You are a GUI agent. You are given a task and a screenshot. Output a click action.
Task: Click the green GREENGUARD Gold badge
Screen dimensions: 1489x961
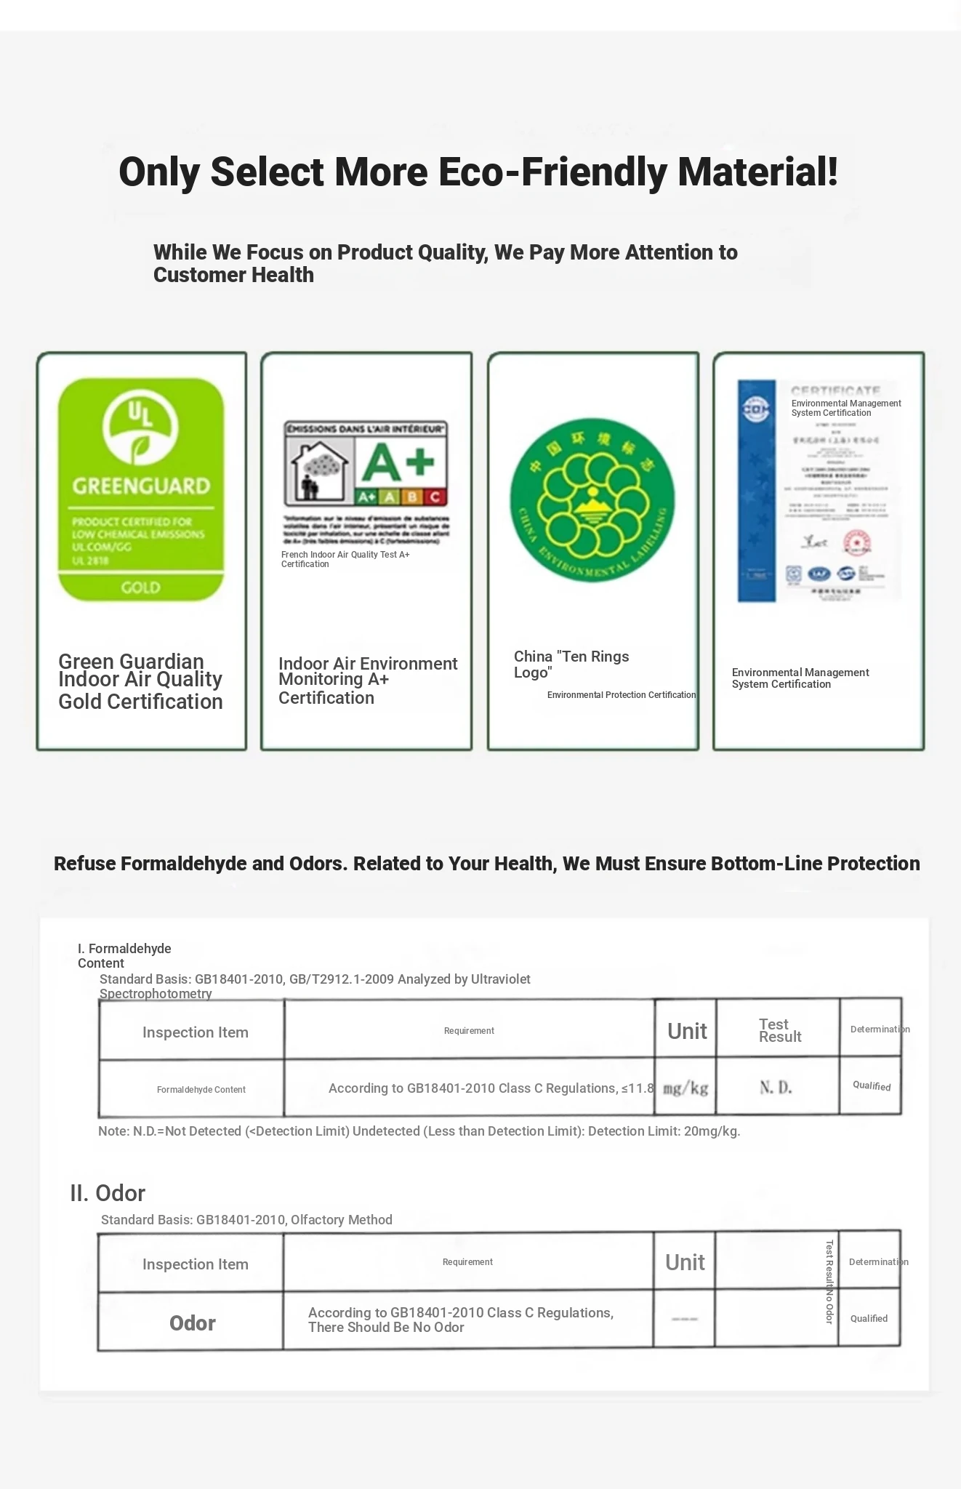click(141, 489)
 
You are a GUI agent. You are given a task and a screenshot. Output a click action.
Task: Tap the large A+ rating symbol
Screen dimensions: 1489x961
click(398, 462)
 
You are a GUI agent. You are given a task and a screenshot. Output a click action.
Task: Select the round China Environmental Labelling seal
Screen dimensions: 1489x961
click(592, 499)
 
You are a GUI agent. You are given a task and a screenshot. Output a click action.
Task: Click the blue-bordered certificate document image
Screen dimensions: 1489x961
click(819, 491)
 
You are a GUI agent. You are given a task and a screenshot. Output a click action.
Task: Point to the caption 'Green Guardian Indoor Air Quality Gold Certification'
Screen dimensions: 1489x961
click(140, 681)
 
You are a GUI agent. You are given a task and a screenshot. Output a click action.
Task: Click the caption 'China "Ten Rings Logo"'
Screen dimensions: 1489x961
click(571, 665)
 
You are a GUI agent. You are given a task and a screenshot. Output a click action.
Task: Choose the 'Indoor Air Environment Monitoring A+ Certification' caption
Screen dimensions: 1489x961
click(368, 681)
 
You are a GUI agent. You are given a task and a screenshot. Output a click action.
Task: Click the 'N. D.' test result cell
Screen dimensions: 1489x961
click(776, 1088)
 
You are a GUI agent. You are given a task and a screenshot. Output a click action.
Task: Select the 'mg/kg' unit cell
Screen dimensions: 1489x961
click(685, 1088)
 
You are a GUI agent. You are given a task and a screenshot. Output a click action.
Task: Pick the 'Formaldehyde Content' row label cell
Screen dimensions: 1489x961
click(201, 1089)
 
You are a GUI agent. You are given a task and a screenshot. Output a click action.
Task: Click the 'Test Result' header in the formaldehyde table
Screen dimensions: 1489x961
click(779, 1030)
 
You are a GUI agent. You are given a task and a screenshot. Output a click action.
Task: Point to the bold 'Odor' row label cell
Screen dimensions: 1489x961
click(193, 1323)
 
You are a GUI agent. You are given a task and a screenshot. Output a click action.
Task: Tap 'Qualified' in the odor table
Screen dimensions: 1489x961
click(869, 1318)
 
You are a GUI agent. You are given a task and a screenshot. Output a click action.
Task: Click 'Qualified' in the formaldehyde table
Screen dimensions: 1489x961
click(872, 1085)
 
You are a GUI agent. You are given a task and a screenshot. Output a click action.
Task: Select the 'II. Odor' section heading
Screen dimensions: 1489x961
click(108, 1193)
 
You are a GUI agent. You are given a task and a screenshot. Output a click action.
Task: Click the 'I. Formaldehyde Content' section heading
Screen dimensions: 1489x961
click(124, 955)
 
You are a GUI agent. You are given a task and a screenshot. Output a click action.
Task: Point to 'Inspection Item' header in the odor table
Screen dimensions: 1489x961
click(196, 1264)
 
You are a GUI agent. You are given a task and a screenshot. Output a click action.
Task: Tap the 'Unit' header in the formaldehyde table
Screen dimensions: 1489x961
click(687, 1031)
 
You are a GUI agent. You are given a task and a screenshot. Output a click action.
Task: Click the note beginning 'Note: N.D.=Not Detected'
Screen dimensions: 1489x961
click(419, 1131)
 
